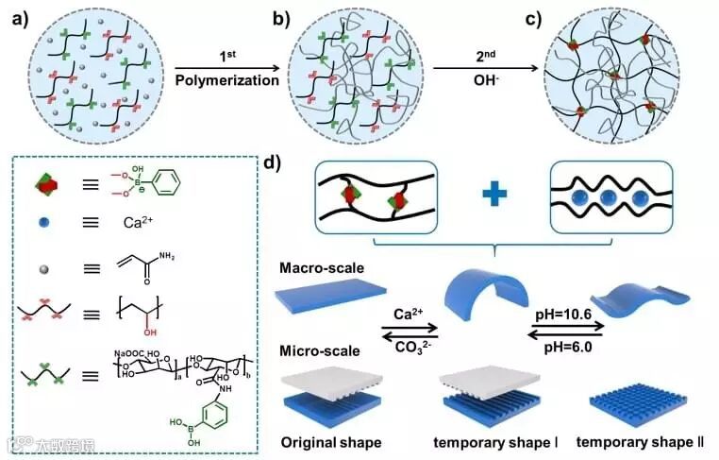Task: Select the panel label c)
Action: [546, 17]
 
